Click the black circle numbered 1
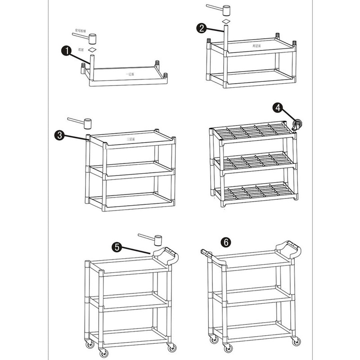pos(66,51)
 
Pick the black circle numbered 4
pos(279,108)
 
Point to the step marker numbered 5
pos(117,247)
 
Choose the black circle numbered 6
pos(227,242)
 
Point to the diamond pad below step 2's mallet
pos(226,22)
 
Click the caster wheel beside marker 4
pos(297,125)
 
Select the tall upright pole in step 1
pos(92,67)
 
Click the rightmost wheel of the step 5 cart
pos(171,347)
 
